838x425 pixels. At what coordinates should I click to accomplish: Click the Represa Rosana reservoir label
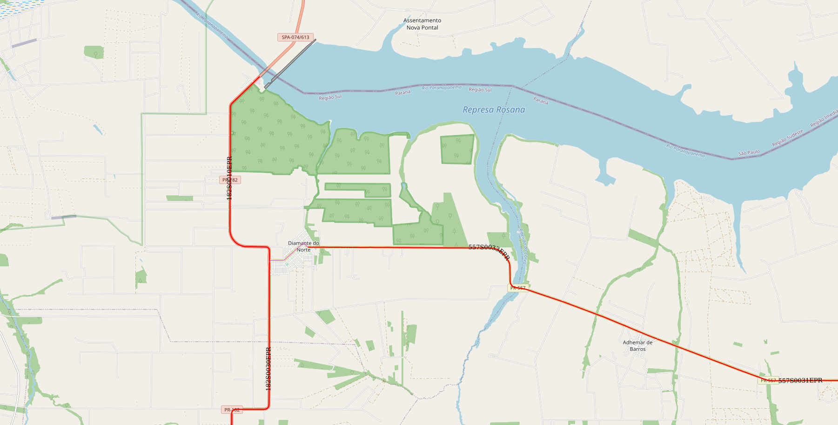494,110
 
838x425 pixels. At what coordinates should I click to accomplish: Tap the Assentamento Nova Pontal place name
422,24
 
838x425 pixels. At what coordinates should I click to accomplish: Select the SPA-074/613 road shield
295,37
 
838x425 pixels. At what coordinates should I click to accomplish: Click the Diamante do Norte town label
303,247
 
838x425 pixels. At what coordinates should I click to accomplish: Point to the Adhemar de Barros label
637,346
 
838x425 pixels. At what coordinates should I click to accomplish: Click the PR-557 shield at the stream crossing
518,288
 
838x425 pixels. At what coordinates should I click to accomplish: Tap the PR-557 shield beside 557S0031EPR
768,380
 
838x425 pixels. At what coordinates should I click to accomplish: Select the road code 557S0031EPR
800,380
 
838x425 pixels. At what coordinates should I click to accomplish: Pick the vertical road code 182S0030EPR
268,369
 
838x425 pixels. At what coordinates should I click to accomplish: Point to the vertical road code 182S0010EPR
229,178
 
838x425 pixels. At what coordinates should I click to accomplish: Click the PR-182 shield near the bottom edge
232,410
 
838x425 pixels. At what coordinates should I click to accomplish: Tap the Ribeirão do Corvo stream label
523,246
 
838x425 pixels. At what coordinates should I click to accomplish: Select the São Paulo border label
749,152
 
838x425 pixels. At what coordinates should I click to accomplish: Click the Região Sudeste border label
787,138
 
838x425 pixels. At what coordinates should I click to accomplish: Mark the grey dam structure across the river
290,64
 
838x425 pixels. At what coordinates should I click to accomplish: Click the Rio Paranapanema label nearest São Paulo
685,151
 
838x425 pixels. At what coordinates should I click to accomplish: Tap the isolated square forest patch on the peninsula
457,149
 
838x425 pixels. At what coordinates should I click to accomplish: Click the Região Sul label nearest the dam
330,97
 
